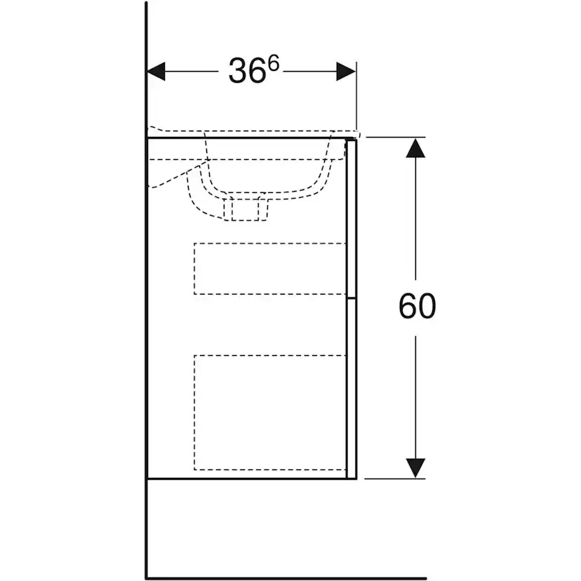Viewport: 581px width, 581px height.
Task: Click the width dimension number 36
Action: pyautogui.click(x=247, y=70)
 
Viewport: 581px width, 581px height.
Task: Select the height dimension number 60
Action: pyautogui.click(x=418, y=307)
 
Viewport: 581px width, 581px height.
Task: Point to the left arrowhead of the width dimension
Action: pyautogui.click(x=156, y=71)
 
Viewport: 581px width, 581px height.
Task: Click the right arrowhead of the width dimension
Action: pyautogui.click(x=346, y=71)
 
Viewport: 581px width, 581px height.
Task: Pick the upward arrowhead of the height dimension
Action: pyautogui.click(x=415, y=148)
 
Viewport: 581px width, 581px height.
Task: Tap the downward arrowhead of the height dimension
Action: pyautogui.click(x=415, y=468)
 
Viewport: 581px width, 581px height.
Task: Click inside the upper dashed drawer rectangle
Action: pyautogui.click(x=269, y=269)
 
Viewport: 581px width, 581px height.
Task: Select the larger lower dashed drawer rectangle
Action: pyautogui.click(x=269, y=413)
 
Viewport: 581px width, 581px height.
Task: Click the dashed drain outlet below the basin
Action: pyautogui.click(x=246, y=209)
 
